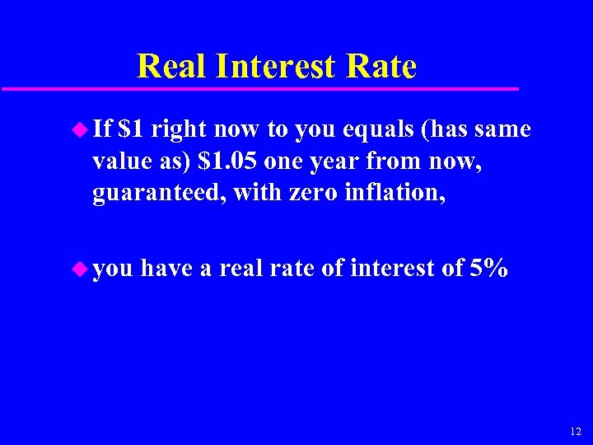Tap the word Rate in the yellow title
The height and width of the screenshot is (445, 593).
386,66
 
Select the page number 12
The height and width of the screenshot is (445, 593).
575,432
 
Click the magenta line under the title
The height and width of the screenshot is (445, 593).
259,88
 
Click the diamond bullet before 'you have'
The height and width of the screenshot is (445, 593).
80,267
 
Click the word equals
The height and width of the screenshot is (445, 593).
362,129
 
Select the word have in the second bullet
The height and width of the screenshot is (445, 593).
169,269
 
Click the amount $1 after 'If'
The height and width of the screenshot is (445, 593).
131,129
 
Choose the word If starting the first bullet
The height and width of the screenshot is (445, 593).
103,129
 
